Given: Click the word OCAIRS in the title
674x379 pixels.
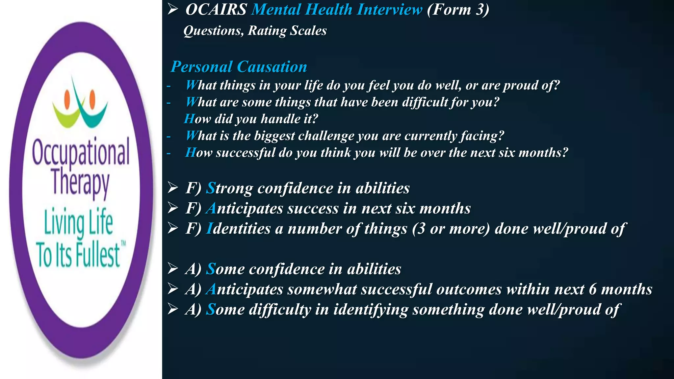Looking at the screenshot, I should (x=216, y=10).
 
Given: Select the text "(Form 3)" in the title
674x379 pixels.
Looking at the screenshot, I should (x=458, y=10).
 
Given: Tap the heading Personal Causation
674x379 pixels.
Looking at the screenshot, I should (x=239, y=67).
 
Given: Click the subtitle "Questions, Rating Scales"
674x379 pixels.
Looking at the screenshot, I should (x=255, y=31).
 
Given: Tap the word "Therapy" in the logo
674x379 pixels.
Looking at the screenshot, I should (x=80, y=183).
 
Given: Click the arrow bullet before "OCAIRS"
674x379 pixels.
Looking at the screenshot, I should (x=172, y=9).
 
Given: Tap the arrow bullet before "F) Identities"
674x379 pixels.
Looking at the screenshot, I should (x=172, y=228).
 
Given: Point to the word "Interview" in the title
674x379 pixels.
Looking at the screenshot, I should (x=390, y=10).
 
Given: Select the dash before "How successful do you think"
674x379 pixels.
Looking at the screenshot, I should (x=169, y=153).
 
